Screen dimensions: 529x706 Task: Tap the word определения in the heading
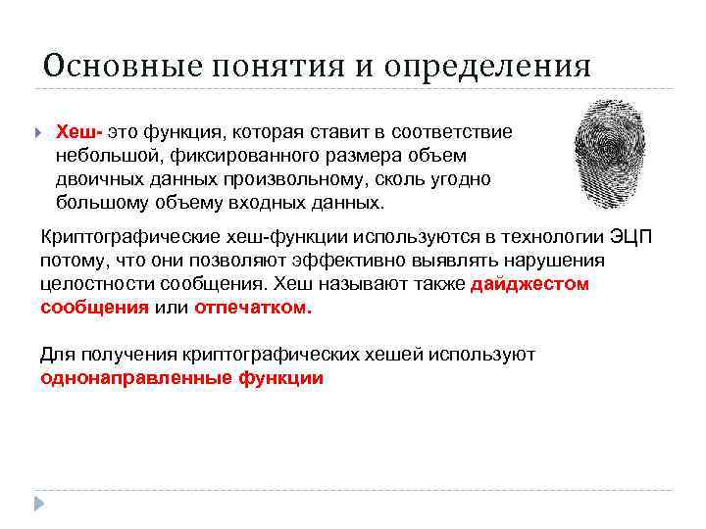487,67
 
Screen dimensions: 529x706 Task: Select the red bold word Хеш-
79,131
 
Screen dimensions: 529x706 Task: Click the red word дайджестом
530,284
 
